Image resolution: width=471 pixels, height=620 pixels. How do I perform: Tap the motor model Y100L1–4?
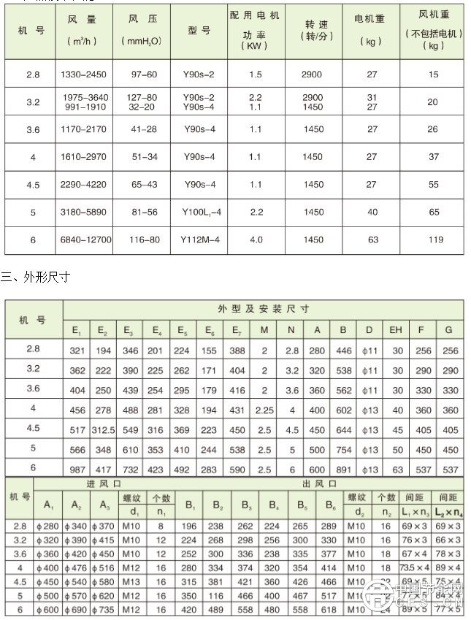click(199, 213)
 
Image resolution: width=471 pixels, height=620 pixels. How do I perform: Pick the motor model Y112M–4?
click(199, 240)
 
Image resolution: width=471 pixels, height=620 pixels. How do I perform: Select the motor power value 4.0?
click(255, 240)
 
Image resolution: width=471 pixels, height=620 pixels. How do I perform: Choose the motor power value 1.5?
click(255, 74)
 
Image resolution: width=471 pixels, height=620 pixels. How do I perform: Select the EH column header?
click(396, 330)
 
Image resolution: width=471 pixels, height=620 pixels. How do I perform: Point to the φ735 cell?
click(105, 609)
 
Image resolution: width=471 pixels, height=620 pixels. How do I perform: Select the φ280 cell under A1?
click(49, 526)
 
